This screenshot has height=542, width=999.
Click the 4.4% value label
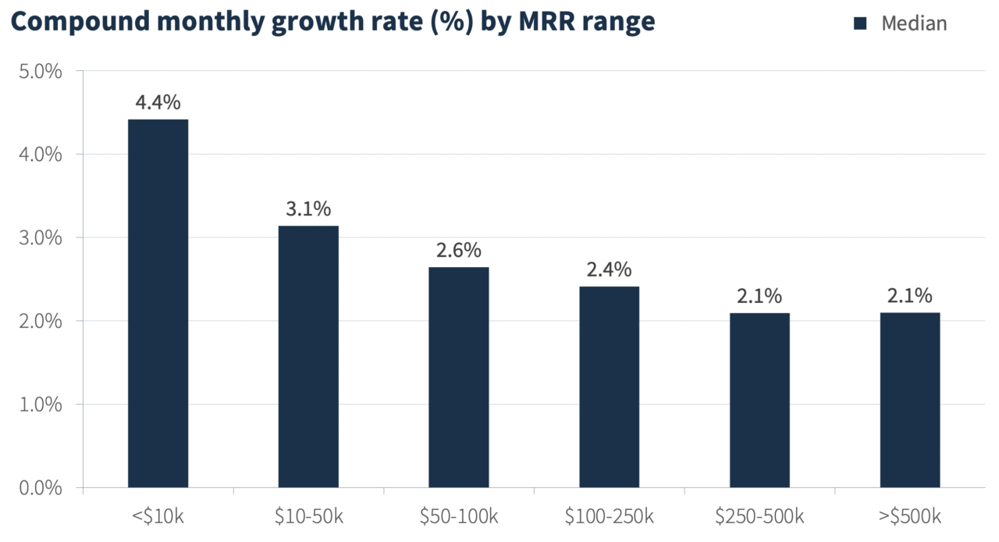pyautogui.click(x=158, y=102)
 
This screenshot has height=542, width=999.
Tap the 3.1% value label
pyautogui.click(x=308, y=209)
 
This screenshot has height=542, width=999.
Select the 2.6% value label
pyautogui.click(x=459, y=251)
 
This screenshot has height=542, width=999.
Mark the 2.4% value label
pyautogui.click(x=609, y=269)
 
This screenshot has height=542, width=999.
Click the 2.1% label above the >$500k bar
pyautogui.click(x=910, y=296)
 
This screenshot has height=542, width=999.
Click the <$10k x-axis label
pyautogui.click(x=158, y=516)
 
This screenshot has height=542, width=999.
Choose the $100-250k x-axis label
pyautogui.click(x=609, y=516)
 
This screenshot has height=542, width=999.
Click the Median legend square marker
pyautogui.click(x=860, y=23)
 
